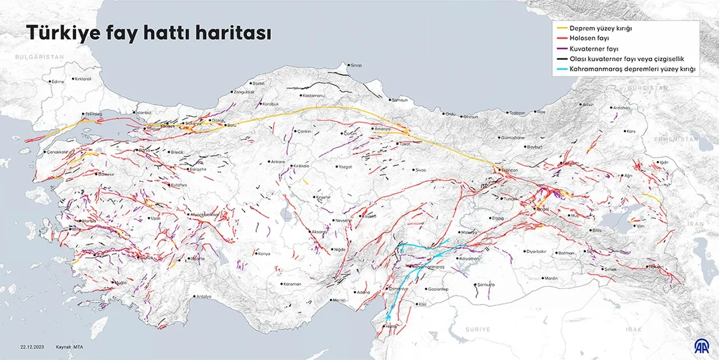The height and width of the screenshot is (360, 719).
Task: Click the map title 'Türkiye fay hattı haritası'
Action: pyautogui.click(x=149, y=34)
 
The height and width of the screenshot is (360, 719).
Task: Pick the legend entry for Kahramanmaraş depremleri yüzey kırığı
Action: pyautogui.click(x=633, y=70)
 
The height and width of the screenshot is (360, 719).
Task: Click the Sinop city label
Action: pyautogui.click(x=356, y=65)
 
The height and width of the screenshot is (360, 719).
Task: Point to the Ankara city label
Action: pyautogui.click(x=278, y=162)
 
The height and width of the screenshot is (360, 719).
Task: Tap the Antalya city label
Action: pyautogui.click(x=203, y=297)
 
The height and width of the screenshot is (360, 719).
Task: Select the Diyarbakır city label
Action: pyautogui.click(x=536, y=251)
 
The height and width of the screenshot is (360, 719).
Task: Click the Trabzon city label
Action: pyautogui.click(x=517, y=113)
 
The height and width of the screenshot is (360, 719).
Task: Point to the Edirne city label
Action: pyautogui.click(x=57, y=81)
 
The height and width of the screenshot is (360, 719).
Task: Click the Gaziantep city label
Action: pyautogui.click(x=437, y=289)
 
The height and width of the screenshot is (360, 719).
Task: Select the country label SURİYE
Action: pyautogui.click(x=477, y=329)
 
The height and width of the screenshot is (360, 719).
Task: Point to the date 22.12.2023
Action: pyautogui.click(x=32, y=347)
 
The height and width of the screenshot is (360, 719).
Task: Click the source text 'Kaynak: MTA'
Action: pyautogui.click(x=70, y=347)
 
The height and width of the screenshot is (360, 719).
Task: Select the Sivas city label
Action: pyautogui.click(x=420, y=170)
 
